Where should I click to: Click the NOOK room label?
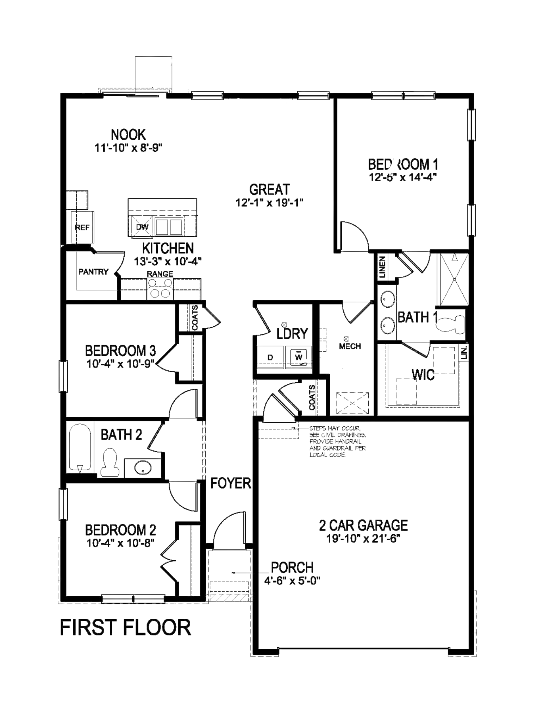(128, 135)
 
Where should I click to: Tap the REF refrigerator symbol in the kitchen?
(82, 227)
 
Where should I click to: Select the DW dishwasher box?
(142, 227)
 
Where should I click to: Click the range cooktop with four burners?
(160, 288)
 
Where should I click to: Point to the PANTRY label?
(93, 271)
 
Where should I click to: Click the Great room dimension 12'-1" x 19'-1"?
(269, 203)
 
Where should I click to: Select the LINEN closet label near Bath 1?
(382, 267)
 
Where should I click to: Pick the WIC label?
(423, 375)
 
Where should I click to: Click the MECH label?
(350, 346)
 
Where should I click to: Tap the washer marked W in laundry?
(299, 357)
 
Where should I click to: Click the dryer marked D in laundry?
(270, 358)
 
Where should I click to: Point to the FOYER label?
(231, 483)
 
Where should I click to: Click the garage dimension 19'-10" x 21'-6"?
(363, 539)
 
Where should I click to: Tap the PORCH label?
(292, 567)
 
